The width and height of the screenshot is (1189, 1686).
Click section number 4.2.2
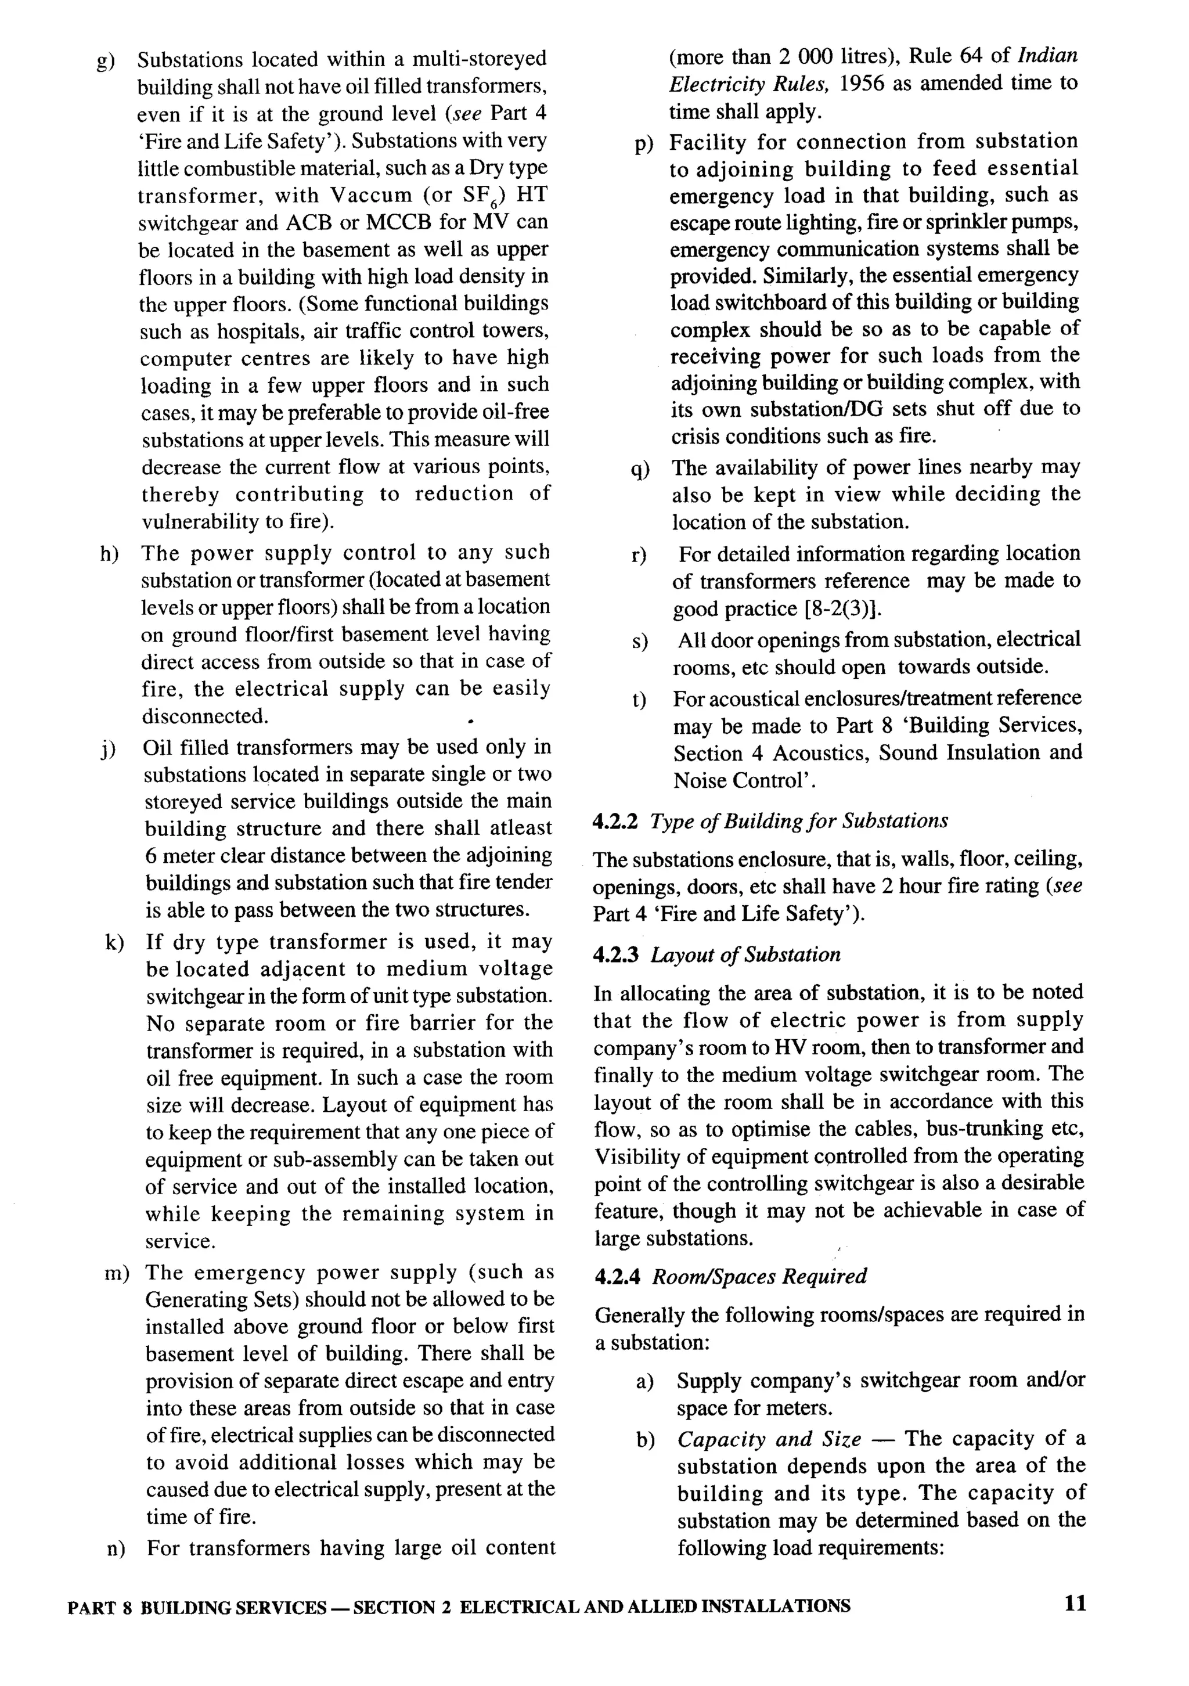pyautogui.click(x=615, y=820)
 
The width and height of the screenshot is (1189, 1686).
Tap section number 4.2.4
pyautogui.click(x=616, y=1276)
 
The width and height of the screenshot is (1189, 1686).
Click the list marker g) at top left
pyautogui.click(x=106, y=60)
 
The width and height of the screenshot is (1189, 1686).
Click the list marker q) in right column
pyautogui.click(x=640, y=469)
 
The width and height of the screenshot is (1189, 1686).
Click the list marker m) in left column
pyautogui.click(x=117, y=1273)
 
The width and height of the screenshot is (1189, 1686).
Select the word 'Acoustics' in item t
pyautogui.click(x=822, y=754)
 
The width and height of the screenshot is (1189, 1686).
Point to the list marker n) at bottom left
pyautogui.click(x=116, y=1550)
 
